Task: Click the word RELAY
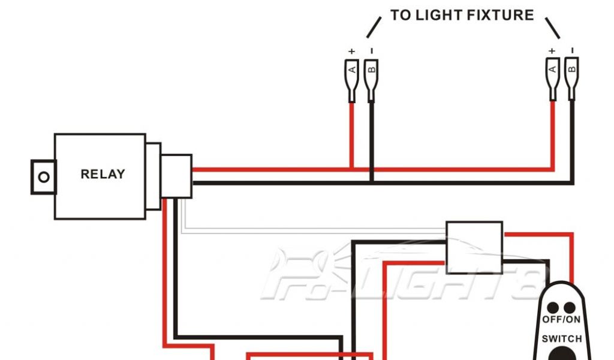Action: [x=103, y=175]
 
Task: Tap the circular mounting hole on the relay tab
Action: [x=43, y=177]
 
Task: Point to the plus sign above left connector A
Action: [x=351, y=51]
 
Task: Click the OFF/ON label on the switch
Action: [x=562, y=320]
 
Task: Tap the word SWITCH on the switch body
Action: [x=562, y=339]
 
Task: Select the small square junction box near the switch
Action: [x=474, y=246]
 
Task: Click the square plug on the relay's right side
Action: [x=176, y=176]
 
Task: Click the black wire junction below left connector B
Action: [x=372, y=180]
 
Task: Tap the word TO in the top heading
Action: [x=401, y=15]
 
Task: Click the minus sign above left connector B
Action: [x=372, y=50]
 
